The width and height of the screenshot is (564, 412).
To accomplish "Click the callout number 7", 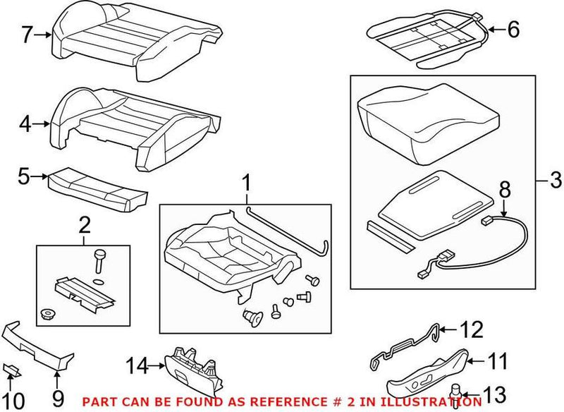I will click(26, 33).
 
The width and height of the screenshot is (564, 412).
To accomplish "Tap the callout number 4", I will click(26, 125).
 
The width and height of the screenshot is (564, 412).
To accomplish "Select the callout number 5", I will click(25, 176).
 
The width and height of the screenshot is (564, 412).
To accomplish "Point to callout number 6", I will click(513, 30).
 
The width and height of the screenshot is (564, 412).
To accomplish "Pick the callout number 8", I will click(503, 191).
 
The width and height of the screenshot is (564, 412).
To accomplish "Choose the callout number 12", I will click(473, 329).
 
